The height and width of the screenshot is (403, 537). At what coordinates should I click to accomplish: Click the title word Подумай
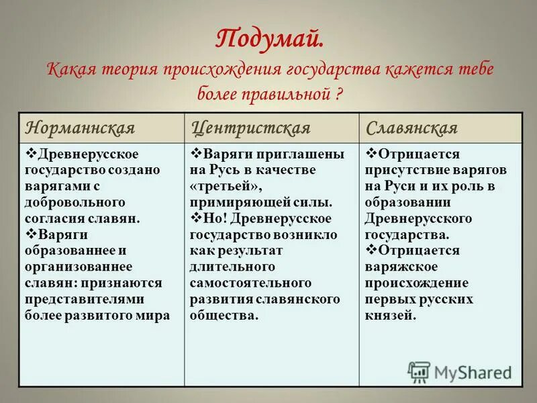point(268,38)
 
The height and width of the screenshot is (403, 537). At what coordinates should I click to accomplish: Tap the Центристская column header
point(251,128)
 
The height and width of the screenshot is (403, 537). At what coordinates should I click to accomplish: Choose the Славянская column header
point(412,128)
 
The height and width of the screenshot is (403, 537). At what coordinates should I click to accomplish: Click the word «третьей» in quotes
point(226,186)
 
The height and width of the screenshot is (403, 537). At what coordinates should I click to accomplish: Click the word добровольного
point(65,201)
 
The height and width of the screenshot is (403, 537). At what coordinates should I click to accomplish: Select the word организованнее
point(74,266)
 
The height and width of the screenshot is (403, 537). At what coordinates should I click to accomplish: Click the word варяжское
point(401,267)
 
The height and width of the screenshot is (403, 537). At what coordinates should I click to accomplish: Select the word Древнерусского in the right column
point(419,218)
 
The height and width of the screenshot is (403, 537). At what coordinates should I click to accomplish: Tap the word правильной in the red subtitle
point(289,93)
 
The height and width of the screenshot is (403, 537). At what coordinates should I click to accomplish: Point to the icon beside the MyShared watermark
point(420,371)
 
